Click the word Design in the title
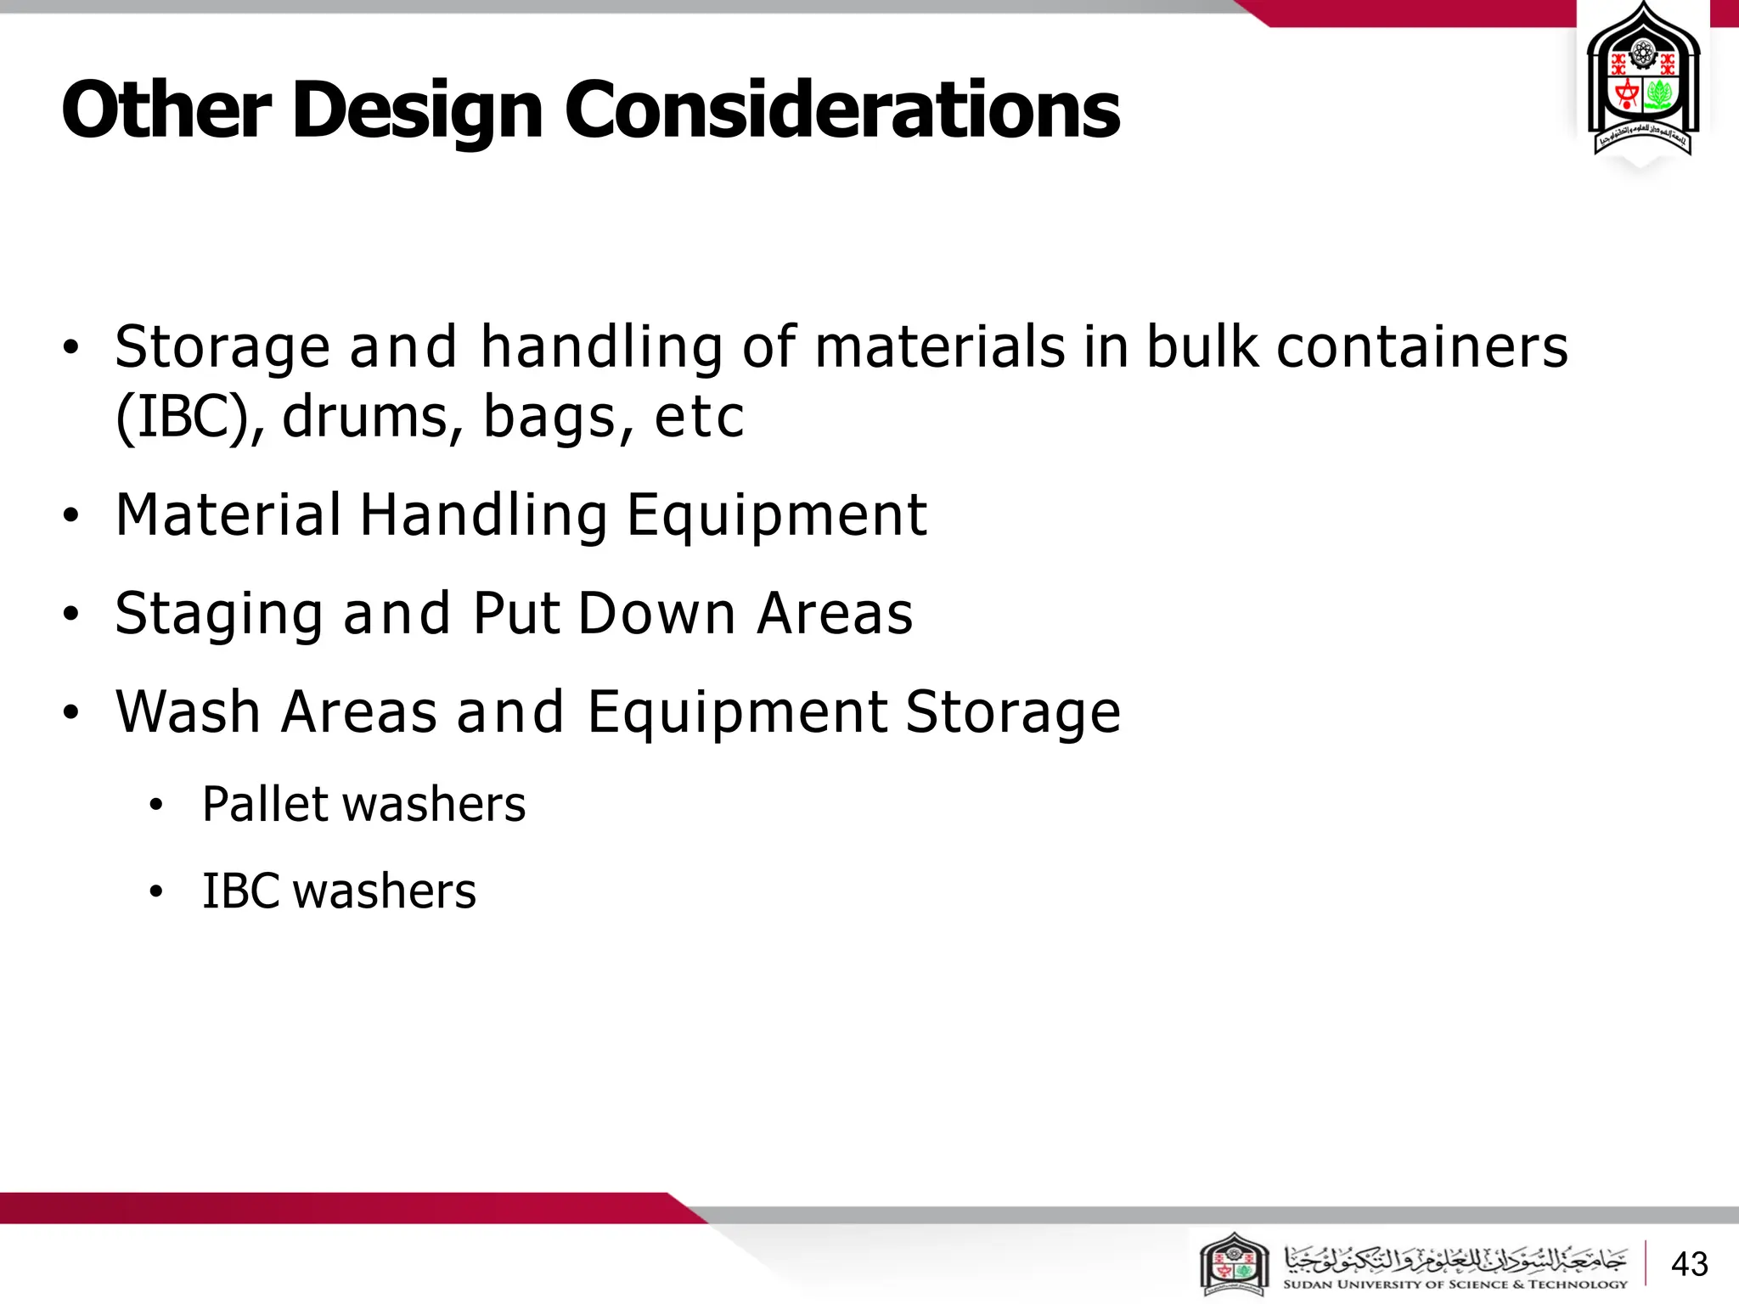[417, 110]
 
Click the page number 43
[1689, 1264]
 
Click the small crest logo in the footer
[1234, 1265]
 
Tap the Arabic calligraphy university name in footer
[1455, 1257]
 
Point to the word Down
[656, 613]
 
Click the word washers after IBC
[385, 891]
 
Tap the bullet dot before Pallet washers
[155, 806]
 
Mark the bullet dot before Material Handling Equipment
[71, 515]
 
